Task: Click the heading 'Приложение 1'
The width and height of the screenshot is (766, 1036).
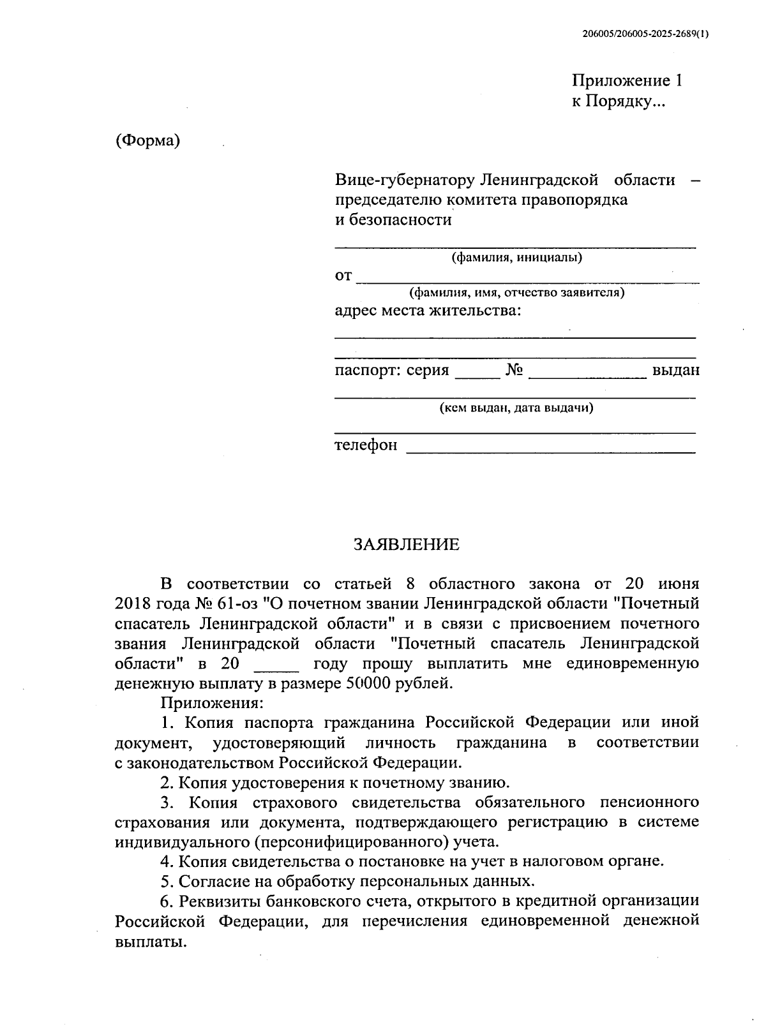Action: (x=627, y=81)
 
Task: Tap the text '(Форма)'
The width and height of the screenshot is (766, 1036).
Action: (x=147, y=140)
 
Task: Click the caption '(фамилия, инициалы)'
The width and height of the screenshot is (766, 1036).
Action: (x=516, y=258)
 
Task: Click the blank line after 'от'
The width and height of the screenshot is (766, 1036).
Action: (x=527, y=278)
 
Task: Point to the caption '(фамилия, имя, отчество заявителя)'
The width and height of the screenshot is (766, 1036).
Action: (x=516, y=293)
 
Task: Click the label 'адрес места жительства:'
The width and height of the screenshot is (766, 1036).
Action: (x=428, y=311)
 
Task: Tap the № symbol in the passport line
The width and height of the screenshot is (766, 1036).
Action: (x=514, y=371)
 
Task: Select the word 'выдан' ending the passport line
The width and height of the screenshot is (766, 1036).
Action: (x=675, y=371)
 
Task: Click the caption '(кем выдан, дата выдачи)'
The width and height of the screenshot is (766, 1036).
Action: (x=516, y=408)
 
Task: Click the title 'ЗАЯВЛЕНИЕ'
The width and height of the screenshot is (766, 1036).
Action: (x=407, y=544)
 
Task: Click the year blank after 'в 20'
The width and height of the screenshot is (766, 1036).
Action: (x=276, y=667)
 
